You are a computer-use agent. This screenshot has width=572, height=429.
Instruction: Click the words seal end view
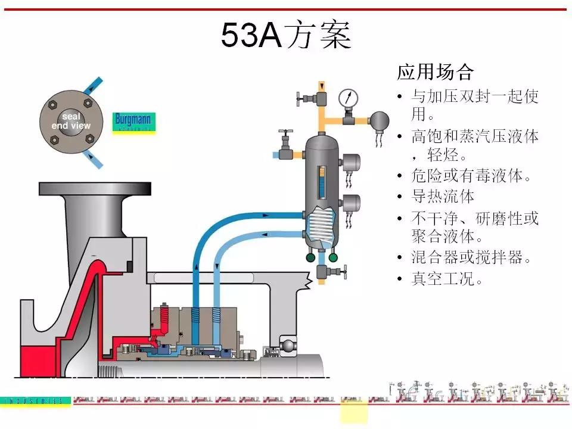tap(71, 121)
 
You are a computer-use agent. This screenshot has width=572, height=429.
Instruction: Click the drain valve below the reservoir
tap(325, 272)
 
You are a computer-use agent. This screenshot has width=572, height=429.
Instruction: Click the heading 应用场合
tap(436, 73)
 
